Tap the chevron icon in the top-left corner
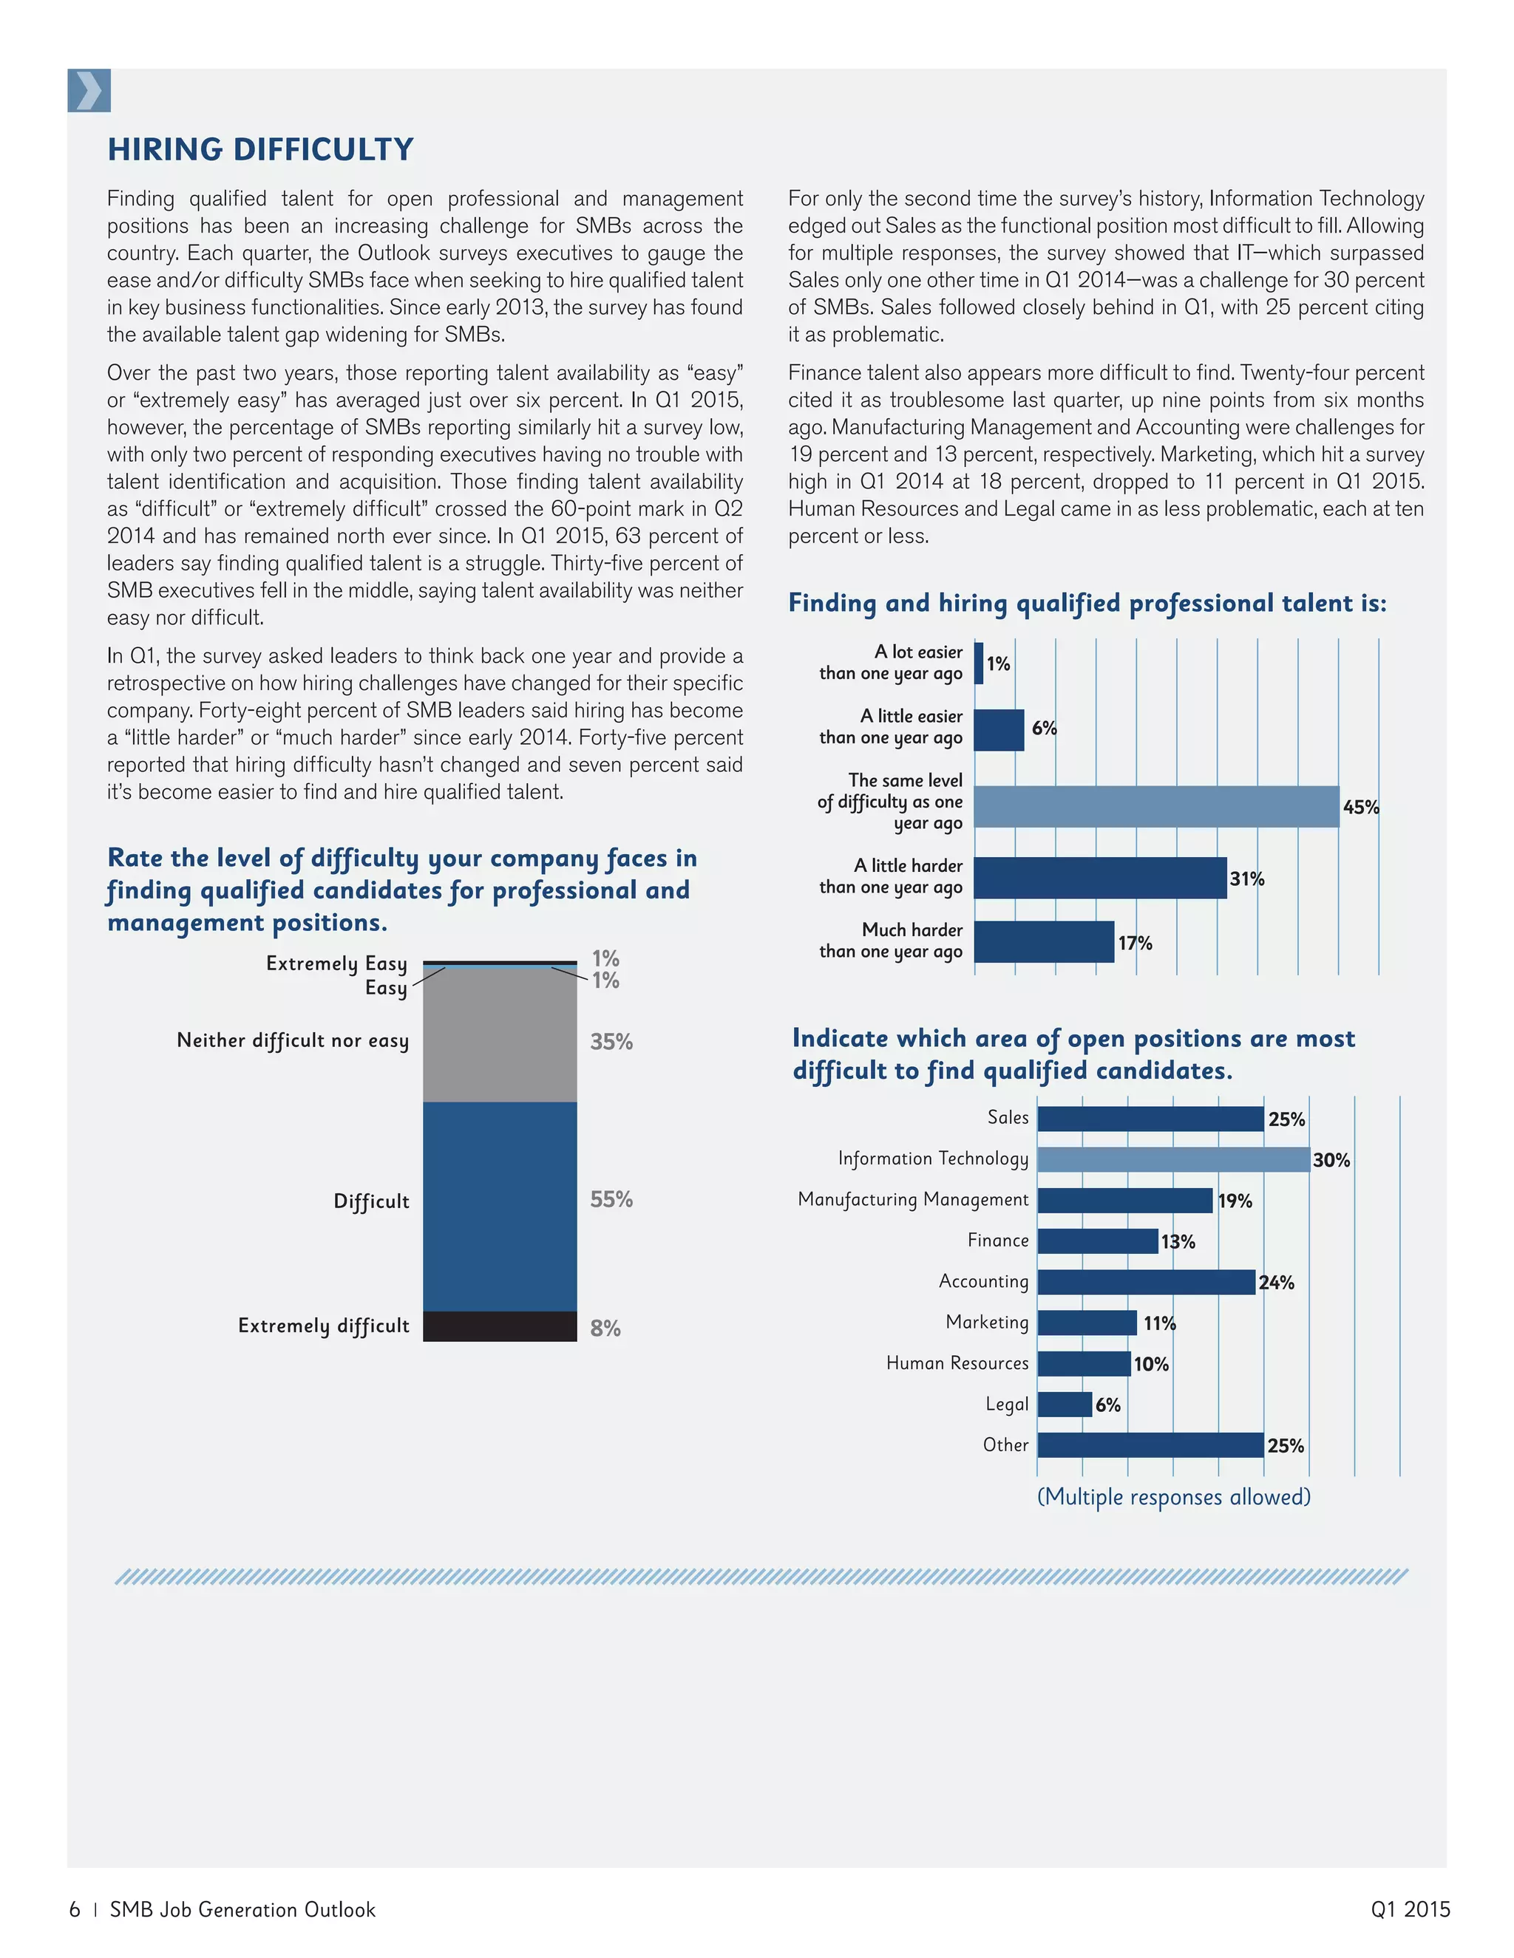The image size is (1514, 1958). coord(89,91)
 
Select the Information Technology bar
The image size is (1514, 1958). coord(1172,1159)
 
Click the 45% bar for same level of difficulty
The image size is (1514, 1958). coord(1155,806)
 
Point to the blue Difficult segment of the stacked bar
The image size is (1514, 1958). coord(500,1206)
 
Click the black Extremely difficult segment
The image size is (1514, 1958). coord(500,1326)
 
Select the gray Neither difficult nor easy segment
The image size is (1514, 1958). coord(500,1035)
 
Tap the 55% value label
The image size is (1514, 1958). coord(611,1199)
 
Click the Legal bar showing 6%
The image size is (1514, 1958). coord(1064,1404)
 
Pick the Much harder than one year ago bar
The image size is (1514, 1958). coord(1043,941)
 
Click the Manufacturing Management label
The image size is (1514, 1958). coord(912,1199)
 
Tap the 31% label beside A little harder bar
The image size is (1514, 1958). coord(1246,879)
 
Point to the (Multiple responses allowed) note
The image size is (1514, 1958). coord(1173,1496)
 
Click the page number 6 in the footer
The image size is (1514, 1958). coord(75,1908)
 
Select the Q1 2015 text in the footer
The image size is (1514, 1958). coord(1409,1908)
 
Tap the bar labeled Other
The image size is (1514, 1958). coord(1149,1444)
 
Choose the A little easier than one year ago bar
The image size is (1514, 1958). coord(998,730)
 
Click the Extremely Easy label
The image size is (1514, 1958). coord(336,963)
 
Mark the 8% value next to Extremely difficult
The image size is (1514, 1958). coord(605,1328)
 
